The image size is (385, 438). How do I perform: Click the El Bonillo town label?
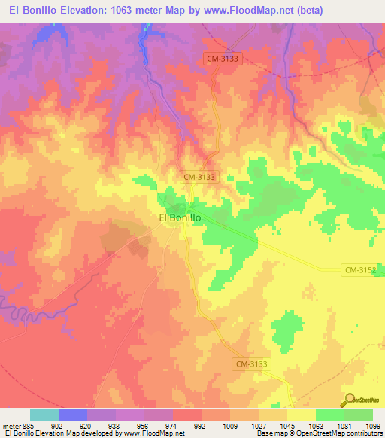click(180, 217)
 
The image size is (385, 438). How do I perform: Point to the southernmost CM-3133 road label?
click(250, 363)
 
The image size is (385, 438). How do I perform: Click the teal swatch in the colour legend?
click(44, 415)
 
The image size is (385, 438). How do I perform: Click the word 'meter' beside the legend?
click(9, 425)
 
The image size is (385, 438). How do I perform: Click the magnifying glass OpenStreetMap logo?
click(350, 399)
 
